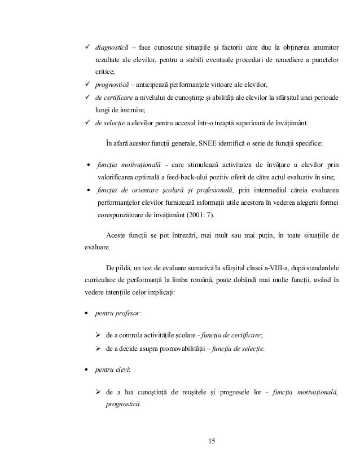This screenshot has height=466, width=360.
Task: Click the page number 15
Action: pyautogui.click(x=212, y=440)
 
